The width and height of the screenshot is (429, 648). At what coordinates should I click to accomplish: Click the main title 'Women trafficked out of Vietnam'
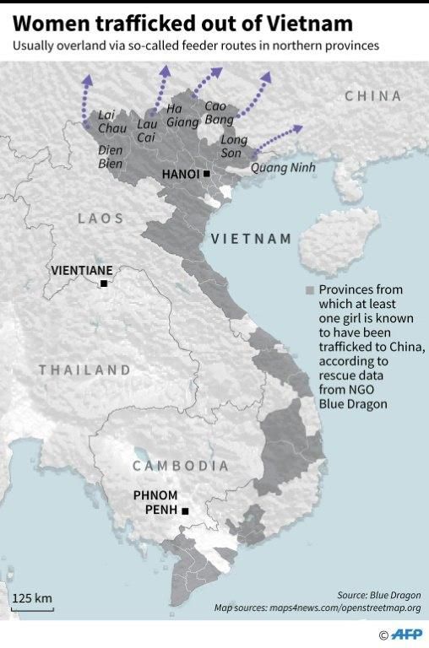(x=178, y=19)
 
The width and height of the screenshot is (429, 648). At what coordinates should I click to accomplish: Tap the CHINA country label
(x=372, y=96)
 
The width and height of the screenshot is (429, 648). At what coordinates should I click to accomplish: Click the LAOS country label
(x=100, y=219)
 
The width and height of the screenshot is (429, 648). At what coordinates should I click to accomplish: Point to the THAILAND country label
(x=84, y=370)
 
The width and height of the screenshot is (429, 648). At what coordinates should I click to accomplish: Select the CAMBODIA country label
(x=180, y=466)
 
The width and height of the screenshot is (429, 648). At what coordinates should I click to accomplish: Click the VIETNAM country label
(x=251, y=239)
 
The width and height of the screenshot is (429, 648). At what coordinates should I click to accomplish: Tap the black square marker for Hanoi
(x=207, y=174)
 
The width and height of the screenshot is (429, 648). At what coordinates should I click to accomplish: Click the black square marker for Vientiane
(x=104, y=284)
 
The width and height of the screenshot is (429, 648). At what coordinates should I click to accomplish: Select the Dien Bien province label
(x=111, y=157)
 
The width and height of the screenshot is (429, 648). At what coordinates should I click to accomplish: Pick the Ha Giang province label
(x=182, y=115)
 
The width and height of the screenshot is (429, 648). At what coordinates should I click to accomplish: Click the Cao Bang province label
(x=219, y=113)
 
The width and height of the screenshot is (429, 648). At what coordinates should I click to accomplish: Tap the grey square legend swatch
(x=309, y=290)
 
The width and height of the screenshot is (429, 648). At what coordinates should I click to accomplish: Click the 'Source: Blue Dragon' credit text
(x=377, y=595)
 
